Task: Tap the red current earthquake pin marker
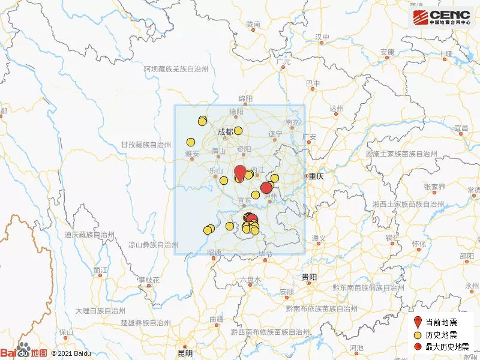coord(239,172)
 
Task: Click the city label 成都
coord(226,132)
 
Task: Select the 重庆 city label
coord(316,176)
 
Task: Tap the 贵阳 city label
coord(309,277)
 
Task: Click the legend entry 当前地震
coord(442,323)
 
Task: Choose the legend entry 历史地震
coord(442,335)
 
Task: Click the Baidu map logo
coord(23,353)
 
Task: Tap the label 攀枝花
coord(149,280)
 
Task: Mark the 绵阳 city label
coord(245,98)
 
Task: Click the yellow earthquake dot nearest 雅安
coord(191,142)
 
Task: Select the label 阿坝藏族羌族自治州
coord(175,70)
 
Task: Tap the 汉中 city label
coord(323,37)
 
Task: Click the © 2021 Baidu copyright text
coord(71,353)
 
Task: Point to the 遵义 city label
coord(318,238)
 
